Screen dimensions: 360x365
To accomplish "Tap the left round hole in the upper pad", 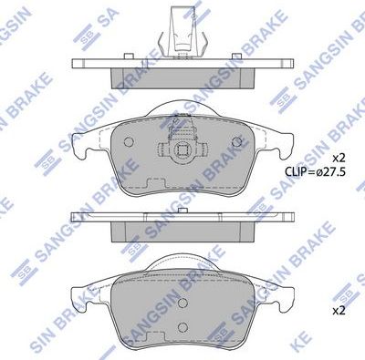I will point(128,141).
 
